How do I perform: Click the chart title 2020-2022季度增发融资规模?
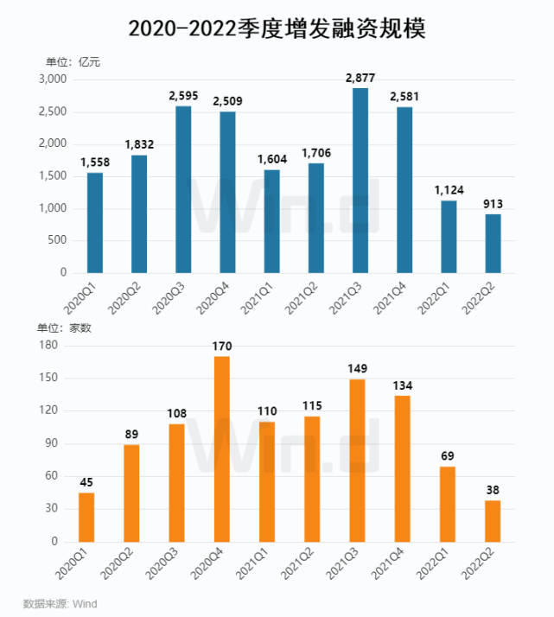(277, 29)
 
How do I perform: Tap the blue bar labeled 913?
(493, 243)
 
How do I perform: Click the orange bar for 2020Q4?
(222, 448)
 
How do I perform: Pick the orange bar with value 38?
(493, 520)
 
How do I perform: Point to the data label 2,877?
(360, 79)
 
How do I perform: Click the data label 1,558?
(94, 162)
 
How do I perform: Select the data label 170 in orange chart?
(222, 347)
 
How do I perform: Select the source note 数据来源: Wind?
(60, 603)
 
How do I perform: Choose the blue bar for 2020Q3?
(182, 189)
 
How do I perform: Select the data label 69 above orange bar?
(448, 456)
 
